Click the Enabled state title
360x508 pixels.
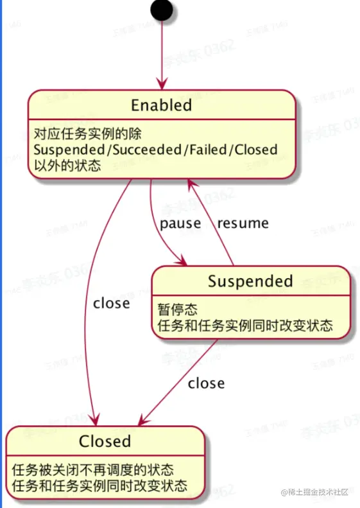[161, 105]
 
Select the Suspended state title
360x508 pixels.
[250, 281]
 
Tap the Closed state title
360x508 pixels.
[105, 441]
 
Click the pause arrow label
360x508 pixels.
[180, 223]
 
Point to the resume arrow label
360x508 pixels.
[243, 223]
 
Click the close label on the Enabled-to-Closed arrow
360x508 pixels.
[111, 302]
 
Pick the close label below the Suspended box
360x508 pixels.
[206, 383]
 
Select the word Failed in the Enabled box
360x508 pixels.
[208, 150]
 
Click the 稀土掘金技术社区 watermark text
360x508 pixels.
[318, 492]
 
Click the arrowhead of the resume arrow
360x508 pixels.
[190, 184]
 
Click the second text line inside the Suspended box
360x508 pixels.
[245, 325]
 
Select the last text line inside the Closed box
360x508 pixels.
[99, 485]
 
